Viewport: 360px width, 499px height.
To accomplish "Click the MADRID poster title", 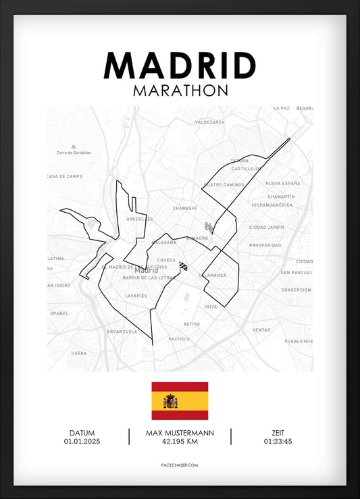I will [x=180, y=65].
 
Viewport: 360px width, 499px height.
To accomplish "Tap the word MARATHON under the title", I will [x=180, y=90].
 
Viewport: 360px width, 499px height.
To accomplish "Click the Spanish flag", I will [x=180, y=400].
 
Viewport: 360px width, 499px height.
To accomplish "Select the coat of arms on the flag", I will [x=171, y=402].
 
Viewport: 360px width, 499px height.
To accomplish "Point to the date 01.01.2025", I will [x=82, y=442].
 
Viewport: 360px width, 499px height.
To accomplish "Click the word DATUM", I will [x=82, y=433].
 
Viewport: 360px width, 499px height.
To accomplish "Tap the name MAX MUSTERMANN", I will [x=180, y=433].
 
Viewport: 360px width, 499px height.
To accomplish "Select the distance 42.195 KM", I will [x=180, y=442].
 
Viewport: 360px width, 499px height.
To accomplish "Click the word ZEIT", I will [x=278, y=433].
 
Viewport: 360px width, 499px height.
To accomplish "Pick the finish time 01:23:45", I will [x=278, y=442].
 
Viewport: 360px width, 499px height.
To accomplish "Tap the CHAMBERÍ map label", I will [x=184, y=209].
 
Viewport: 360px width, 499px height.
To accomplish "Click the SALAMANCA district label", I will [x=213, y=275].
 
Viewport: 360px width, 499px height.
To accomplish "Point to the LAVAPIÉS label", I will [x=136, y=296].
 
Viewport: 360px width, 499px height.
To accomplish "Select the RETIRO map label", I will [x=192, y=324].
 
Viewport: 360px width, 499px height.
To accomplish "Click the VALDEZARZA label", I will [x=209, y=123].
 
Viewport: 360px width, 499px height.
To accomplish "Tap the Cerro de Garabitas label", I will [x=74, y=153].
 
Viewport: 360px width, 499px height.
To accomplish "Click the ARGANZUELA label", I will [x=122, y=332].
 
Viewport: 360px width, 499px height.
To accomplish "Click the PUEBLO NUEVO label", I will [x=299, y=342].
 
